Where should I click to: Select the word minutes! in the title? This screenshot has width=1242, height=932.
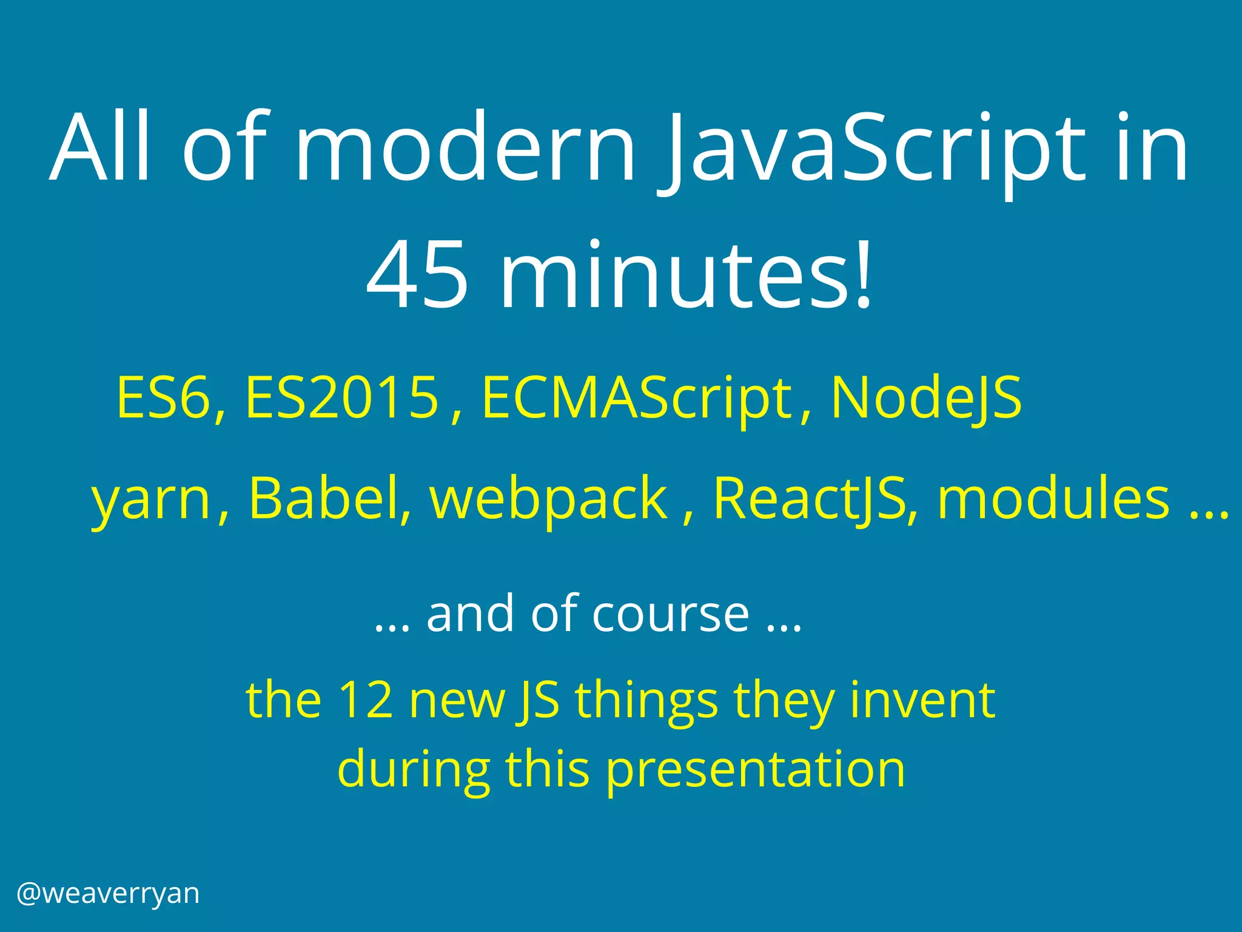[x=685, y=276]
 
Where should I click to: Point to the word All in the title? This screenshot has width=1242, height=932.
[x=100, y=149]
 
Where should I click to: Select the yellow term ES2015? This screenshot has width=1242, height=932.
[x=341, y=398]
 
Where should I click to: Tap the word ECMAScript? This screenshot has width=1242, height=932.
[x=637, y=398]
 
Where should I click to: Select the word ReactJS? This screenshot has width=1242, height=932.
[x=810, y=499]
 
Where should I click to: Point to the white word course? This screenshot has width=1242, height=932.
[x=671, y=614]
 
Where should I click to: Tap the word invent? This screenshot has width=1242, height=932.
[x=922, y=700]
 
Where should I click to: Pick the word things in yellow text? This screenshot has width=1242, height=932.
[x=646, y=701]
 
